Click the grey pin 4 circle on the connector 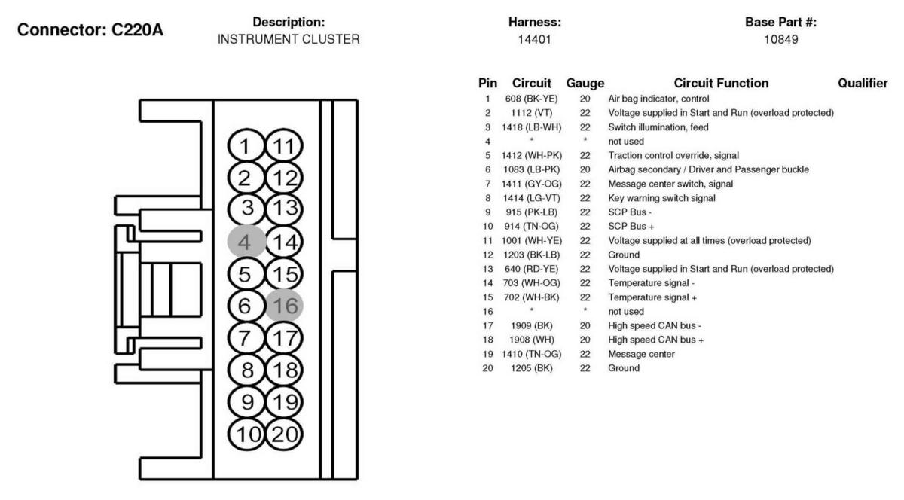pyautogui.click(x=246, y=242)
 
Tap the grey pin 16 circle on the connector pyautogui.click(x=285, y=306)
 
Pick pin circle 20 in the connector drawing pyautogui.click(x=285, y=434)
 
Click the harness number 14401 pyautogui.click(x=536, y=39)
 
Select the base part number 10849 pyautogui.click(x=780, y=39)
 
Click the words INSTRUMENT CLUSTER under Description pyautogui.click(x=289, y=39)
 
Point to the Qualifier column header pyautogui.click(x=863, y=84)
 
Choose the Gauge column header pyautogui.click(x=585, y=84)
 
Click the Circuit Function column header pyautogui.click(x=721, y=84)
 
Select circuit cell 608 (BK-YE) pyautogui.click(x=531, y=99)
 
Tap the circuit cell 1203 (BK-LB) pyautogui.click(x=531, y=255)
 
